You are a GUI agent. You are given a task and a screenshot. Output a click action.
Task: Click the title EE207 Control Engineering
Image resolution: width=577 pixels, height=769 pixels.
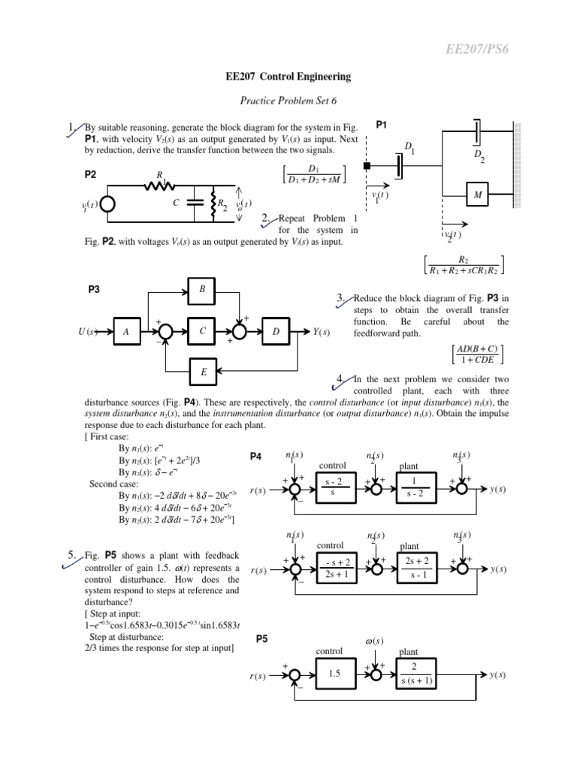(288, 77)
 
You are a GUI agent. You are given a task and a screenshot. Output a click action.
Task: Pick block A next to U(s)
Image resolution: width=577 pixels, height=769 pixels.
(127, 331)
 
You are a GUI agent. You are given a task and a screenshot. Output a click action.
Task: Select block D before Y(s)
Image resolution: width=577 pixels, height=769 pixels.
(276, 331)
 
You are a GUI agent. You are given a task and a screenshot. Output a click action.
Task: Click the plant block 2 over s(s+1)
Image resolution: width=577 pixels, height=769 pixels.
(414, 674)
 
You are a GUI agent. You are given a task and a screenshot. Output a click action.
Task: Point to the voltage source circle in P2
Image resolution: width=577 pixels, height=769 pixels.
(107, 204)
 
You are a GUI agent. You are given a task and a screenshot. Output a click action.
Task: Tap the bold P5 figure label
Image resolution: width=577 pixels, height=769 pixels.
(261, 638)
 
